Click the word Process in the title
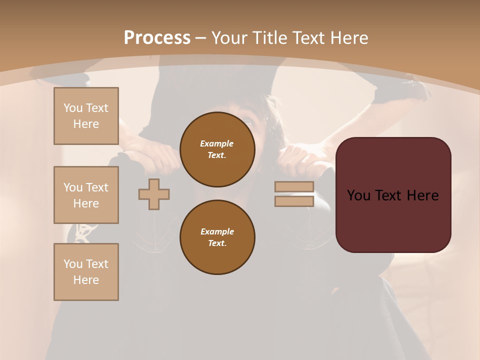157,37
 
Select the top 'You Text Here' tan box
86,116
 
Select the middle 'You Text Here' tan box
86,195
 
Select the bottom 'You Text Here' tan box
86,271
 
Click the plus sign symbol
154,194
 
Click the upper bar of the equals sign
294,186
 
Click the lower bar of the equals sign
294,201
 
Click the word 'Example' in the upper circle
217,143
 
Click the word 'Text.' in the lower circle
217,243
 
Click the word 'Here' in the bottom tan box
86,280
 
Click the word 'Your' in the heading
229,38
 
